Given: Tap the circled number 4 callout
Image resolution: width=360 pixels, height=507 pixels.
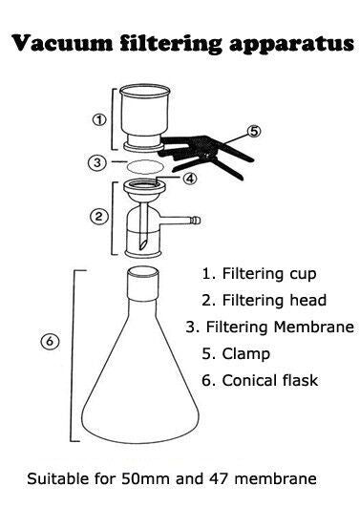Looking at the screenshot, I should click(190, 178).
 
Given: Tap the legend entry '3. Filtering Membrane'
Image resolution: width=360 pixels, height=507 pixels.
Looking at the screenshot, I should click(270, 327).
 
